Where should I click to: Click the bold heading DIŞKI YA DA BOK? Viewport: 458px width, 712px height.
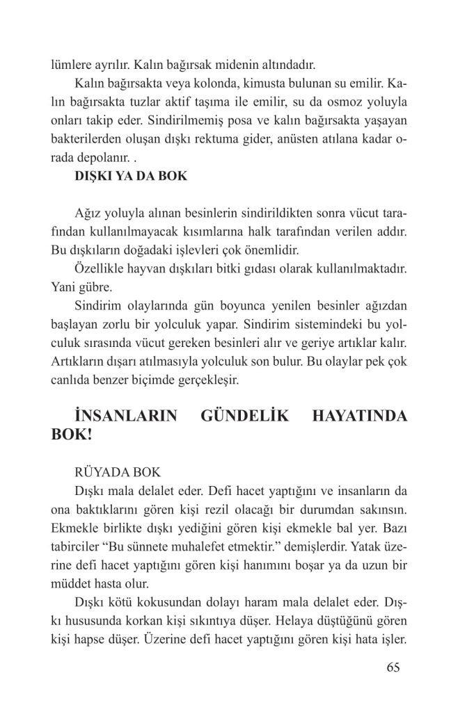pyautogui.click(x=131, y=176)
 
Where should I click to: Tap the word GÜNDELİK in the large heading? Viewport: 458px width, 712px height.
pyautogui.click(x=242, y=417)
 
